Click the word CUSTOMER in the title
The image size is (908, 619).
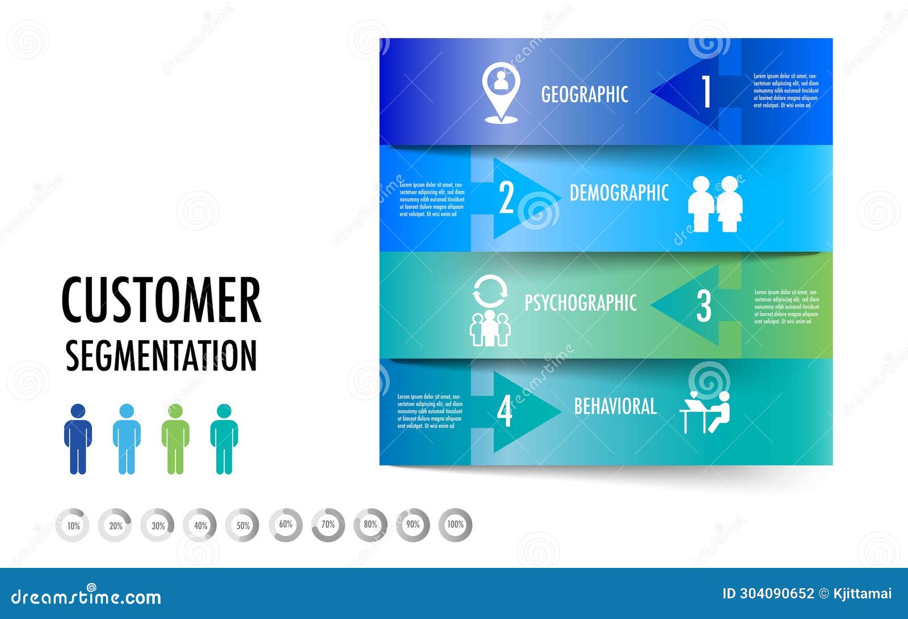pyautogui.click(x=161, y=300)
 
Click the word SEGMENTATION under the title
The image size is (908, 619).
pyautogui.click(x=161, y=356)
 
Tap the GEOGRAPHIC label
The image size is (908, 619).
pyautogui.click(x=585, y=94)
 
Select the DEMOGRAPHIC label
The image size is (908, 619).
pyautogui.click(x=619, y=193)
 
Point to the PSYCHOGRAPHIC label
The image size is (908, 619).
pyautogui.click(x=580, y=303)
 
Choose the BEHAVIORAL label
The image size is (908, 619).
pyautogui.click(x=615, y=407)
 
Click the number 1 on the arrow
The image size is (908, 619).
pyautogui.click(x=706, y=91)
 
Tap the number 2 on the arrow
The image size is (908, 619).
pyautogui.click(x=506, y=198)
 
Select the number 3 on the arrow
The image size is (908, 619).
pyautogui.click(x=704, y=306)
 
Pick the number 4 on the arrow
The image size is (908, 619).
pyautogui.click(x=505, y=412)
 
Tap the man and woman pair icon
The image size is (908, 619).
pyautogui.click(x=715, y=204)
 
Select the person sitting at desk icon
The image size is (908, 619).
pyautogui.click(x=705, y=412)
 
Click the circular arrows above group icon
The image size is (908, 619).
pyautogui.click(x=490, y=291)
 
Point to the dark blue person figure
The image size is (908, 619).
pyautogui.click(x=78, y=439)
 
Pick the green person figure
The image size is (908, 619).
pyautogui.click(x=175, y=439)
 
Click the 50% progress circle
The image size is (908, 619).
pyautogui.click(x=243, y=525)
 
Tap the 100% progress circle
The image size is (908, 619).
pyautogui.click(x=455, y=525)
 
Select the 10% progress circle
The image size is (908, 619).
pyautogui.click(x=73, y=525)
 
